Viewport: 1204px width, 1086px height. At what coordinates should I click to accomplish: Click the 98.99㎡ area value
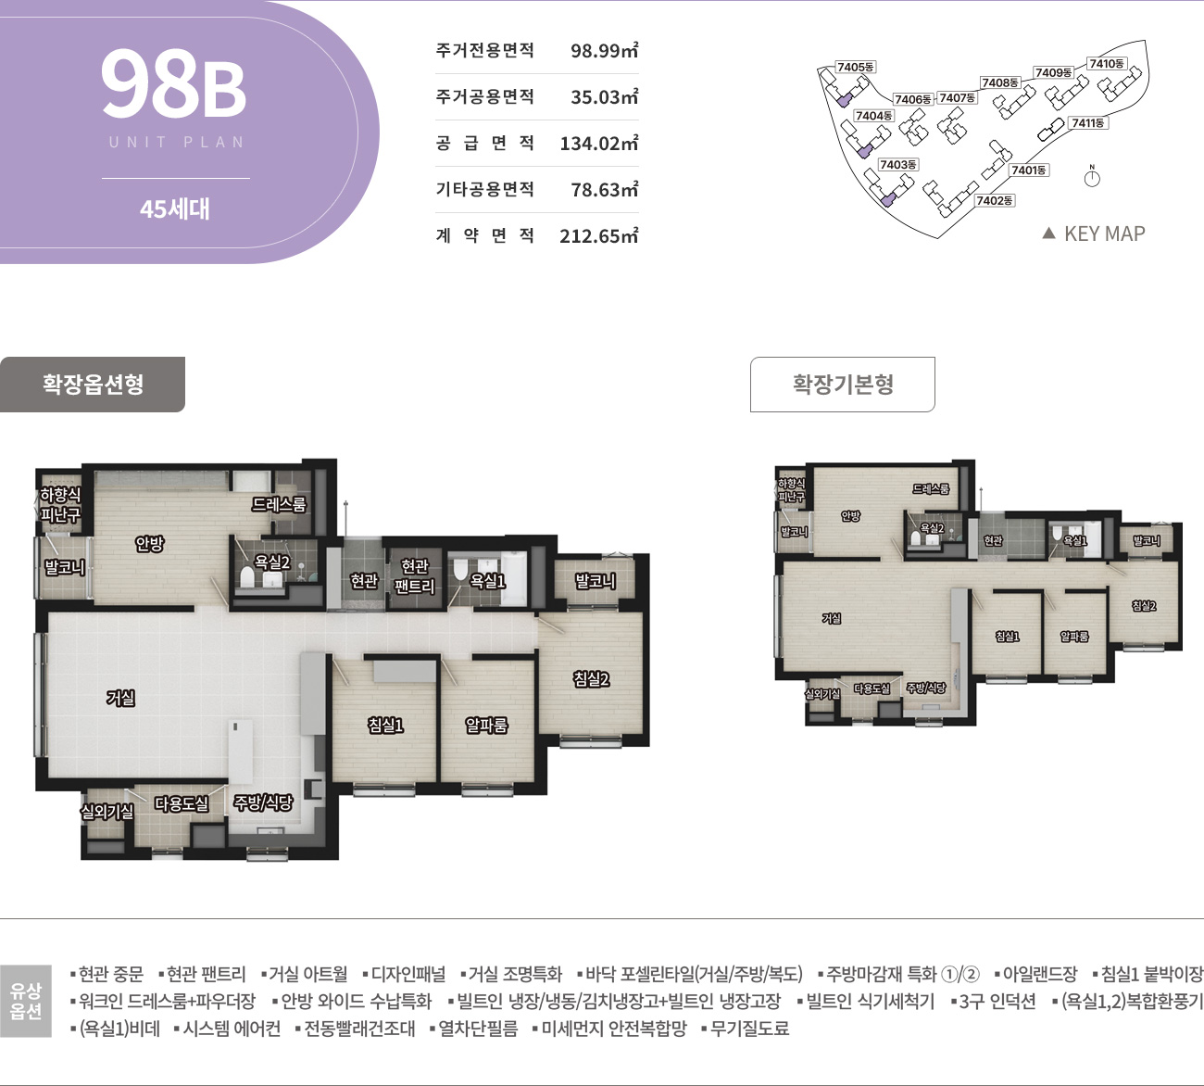[604, 50]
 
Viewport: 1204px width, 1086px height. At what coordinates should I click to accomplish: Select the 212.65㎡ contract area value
[598, 235]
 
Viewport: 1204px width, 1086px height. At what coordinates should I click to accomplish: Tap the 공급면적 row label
[484, 143]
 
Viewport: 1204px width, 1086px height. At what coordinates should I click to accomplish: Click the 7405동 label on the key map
[855, 67]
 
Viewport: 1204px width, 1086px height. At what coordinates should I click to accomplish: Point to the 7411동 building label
[1087, 122]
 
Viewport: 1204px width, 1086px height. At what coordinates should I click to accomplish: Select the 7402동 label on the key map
[994, 200]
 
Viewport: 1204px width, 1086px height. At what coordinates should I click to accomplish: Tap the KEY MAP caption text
[1104, 234]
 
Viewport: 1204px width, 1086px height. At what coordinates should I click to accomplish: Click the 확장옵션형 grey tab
[93, 384]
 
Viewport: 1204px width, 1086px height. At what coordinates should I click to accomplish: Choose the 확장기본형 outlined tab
[842, 384]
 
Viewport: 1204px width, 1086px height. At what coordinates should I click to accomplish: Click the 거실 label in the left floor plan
[121, 698]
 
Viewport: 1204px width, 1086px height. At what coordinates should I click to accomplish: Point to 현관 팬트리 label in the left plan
[415, 575]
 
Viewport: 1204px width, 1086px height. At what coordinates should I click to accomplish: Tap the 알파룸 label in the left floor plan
[486, 725]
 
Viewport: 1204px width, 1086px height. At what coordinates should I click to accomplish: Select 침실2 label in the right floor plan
[1144, 606]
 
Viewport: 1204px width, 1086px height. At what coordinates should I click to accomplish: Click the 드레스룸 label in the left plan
[279, 504]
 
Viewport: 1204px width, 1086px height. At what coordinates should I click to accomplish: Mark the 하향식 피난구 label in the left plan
[60, 505]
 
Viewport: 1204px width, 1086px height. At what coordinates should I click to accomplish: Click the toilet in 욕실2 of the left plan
[247, 577]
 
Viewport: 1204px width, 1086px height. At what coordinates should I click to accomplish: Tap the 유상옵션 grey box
[26, 1001]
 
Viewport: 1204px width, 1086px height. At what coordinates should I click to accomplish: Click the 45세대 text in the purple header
[175, 208]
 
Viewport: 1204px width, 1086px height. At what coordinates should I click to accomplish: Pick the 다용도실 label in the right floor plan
[872, 688]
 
